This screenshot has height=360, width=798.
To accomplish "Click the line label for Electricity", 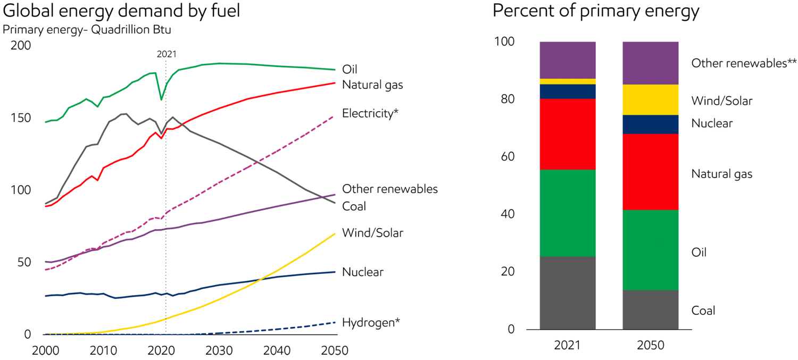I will pyautogui.click(x=370, y=113).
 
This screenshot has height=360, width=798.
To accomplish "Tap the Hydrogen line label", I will pyautogui.click(x=371, y=322).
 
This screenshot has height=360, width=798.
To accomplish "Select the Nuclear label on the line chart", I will pyautogui.click(x=363, y=272).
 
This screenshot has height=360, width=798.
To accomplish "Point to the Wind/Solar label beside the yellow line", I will pyautogui.click(x=372, y=233).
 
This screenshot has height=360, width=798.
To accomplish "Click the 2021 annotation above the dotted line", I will pyautogui.click(x=166, y=54).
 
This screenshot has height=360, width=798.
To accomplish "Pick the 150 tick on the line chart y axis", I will pyautogui.click(x=21, y=118).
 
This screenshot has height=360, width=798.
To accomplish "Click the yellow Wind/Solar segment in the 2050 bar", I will pyautogui.click(x=651, y=99).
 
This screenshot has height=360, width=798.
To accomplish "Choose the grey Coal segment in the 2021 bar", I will pyautogui.click(x=568, y=292).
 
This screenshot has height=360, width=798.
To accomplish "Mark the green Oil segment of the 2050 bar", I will pyautogui.click(x=651, y=250).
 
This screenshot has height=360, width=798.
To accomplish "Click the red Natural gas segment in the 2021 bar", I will pyautogui.click(x=568, y=134).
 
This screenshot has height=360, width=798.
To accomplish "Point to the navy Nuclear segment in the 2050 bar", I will pyautogui.click(x=651, y=124).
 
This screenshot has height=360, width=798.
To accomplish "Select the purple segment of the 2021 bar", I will pyautogui.click(x=568, y=60).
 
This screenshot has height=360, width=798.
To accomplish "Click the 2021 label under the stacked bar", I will pyautogui.click(x=567, y=346).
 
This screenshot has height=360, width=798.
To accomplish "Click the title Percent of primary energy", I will pyautogui.click(x=595, y=12).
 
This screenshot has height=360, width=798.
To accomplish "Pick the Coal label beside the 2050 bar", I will pyautogui.click(x=703, y=311).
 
